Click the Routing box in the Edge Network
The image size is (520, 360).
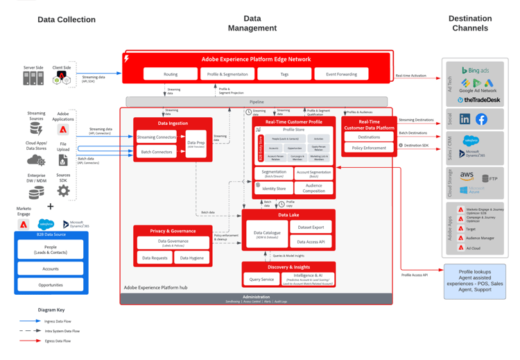tap(171, 74)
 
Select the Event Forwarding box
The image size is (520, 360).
tap(341, 74)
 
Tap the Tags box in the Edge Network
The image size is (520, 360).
tap(284, 74)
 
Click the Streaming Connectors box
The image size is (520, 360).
tap(156, 137)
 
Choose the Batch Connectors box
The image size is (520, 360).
tap(156, 152)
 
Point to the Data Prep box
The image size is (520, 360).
tap(196, 144)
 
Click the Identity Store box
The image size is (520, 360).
tap(274, 188)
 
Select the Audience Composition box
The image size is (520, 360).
tap(313, 188)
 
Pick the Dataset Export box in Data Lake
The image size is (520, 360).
tap(311, 227)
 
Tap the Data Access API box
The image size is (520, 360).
tap(311, 241)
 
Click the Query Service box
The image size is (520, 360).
tap(261, 279)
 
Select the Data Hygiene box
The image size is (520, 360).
tap(192, 258)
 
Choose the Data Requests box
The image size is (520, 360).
tap(155, 258)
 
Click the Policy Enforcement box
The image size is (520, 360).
tap(369, 148)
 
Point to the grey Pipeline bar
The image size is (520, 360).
tap(257, 101)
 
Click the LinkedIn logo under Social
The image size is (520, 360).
tap(465, 119)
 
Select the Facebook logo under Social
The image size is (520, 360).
tap(481, 119)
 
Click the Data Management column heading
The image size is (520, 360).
tap(252, 24)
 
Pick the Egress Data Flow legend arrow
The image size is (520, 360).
tap(29, 341)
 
